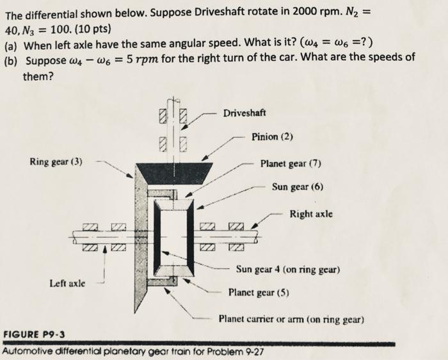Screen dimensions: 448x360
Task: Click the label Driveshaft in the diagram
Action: [x=246, y=114]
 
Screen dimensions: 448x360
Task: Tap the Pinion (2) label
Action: [x=273, y=136]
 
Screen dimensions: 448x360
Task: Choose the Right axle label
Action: [x=312, y=213]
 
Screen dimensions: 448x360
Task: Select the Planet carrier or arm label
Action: [x=291, y=318]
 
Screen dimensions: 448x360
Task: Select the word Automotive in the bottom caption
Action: [x=29, y=352]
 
